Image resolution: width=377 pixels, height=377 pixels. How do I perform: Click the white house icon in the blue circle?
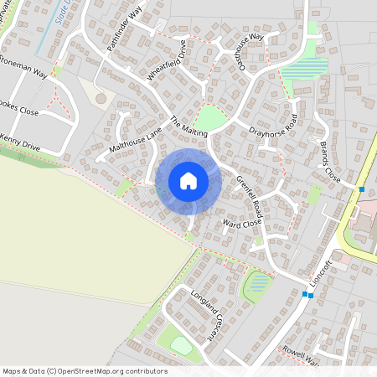pyautogui.click(x=188, y=180)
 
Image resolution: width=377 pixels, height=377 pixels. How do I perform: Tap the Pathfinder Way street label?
pyautogui.click(x=125, y=33)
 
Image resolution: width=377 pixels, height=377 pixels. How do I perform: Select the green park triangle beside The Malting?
pyautogui.click(x=211, y=118)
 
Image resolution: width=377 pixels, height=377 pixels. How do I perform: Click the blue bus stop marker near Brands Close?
pyautogui.click(x=362, y=189)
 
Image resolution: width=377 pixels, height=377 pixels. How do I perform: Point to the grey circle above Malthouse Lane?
pyautogui.click(x=101, y=98)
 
